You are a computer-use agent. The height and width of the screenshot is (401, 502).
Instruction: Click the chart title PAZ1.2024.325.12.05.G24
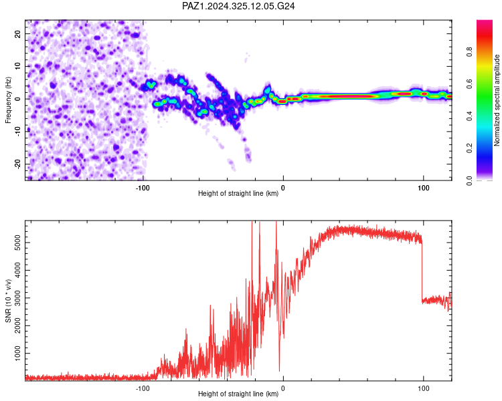(238, 6)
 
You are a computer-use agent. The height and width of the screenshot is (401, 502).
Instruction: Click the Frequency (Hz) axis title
(8, 100)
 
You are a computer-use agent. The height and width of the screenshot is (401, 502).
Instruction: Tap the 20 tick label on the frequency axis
(18, 33)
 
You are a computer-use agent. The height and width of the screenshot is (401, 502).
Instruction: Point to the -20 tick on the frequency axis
(18, 164)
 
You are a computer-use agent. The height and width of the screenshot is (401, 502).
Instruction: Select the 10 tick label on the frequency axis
(18, 66)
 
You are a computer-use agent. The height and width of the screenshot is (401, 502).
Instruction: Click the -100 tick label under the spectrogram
(143, 188)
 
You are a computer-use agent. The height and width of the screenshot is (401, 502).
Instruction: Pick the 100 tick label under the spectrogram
(423, 188)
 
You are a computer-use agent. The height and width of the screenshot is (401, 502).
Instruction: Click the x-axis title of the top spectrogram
(238, 193)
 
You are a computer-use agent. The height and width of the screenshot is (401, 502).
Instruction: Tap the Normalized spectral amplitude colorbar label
(497, 100)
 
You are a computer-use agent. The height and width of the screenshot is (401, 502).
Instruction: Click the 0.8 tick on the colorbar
(469, 51)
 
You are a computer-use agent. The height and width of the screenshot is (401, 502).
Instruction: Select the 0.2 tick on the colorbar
(469, 148)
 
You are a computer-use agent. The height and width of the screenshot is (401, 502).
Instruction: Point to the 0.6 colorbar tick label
(469, 84)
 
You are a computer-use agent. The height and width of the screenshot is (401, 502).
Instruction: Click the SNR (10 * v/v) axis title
(8, 301)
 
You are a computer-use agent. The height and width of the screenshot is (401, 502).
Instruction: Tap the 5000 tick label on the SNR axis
(18, 243)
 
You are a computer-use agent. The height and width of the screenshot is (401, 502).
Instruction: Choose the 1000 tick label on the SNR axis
(18, 354)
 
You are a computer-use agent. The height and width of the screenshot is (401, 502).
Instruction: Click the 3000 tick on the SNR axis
(18, 298)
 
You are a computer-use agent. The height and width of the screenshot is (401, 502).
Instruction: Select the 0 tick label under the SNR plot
(282, 388)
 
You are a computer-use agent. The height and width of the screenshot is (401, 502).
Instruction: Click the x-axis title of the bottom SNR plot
(238, 394)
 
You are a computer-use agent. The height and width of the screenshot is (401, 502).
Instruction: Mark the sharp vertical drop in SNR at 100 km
(422, 272)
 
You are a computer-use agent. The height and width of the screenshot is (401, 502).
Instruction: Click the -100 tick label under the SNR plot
(143, 388)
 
